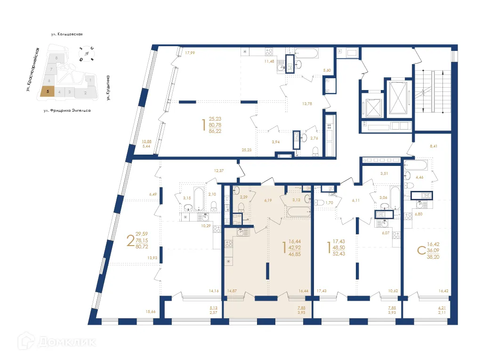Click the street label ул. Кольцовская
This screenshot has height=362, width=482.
(67, 34)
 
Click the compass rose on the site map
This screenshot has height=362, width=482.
(87, 54)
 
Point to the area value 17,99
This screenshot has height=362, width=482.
(190, 53)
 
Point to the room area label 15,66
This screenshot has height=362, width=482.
(151, 311)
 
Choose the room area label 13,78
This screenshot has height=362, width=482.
(307, 104)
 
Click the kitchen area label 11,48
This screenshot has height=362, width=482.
(269, 61)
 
